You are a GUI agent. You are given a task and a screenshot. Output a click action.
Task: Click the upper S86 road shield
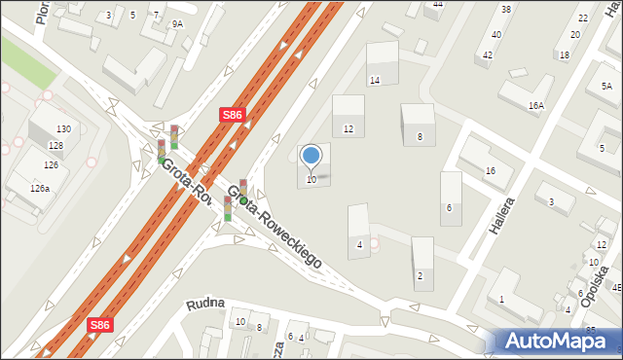(231, 115)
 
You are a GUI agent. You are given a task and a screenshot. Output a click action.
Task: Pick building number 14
(374, 80)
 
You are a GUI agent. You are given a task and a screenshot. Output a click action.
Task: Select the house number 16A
(536, 105)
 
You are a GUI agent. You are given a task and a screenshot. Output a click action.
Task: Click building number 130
(63, 129)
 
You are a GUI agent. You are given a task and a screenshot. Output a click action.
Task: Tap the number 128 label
(55, 146)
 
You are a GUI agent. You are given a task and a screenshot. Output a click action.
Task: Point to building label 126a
(39, 189)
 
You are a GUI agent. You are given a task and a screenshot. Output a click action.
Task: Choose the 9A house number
(176, 23)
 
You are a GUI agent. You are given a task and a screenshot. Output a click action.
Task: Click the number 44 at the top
(438, 5)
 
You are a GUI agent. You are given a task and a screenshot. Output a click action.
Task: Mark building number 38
(505, 10)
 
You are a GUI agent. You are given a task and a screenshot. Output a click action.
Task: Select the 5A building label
(606, 87)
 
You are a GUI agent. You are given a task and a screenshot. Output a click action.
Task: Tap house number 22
(582, 18)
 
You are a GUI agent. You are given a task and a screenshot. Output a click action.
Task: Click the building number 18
(565, 55)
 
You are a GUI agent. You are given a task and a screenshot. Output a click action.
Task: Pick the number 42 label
(487, 55)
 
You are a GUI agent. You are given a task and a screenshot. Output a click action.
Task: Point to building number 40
(495, 34)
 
